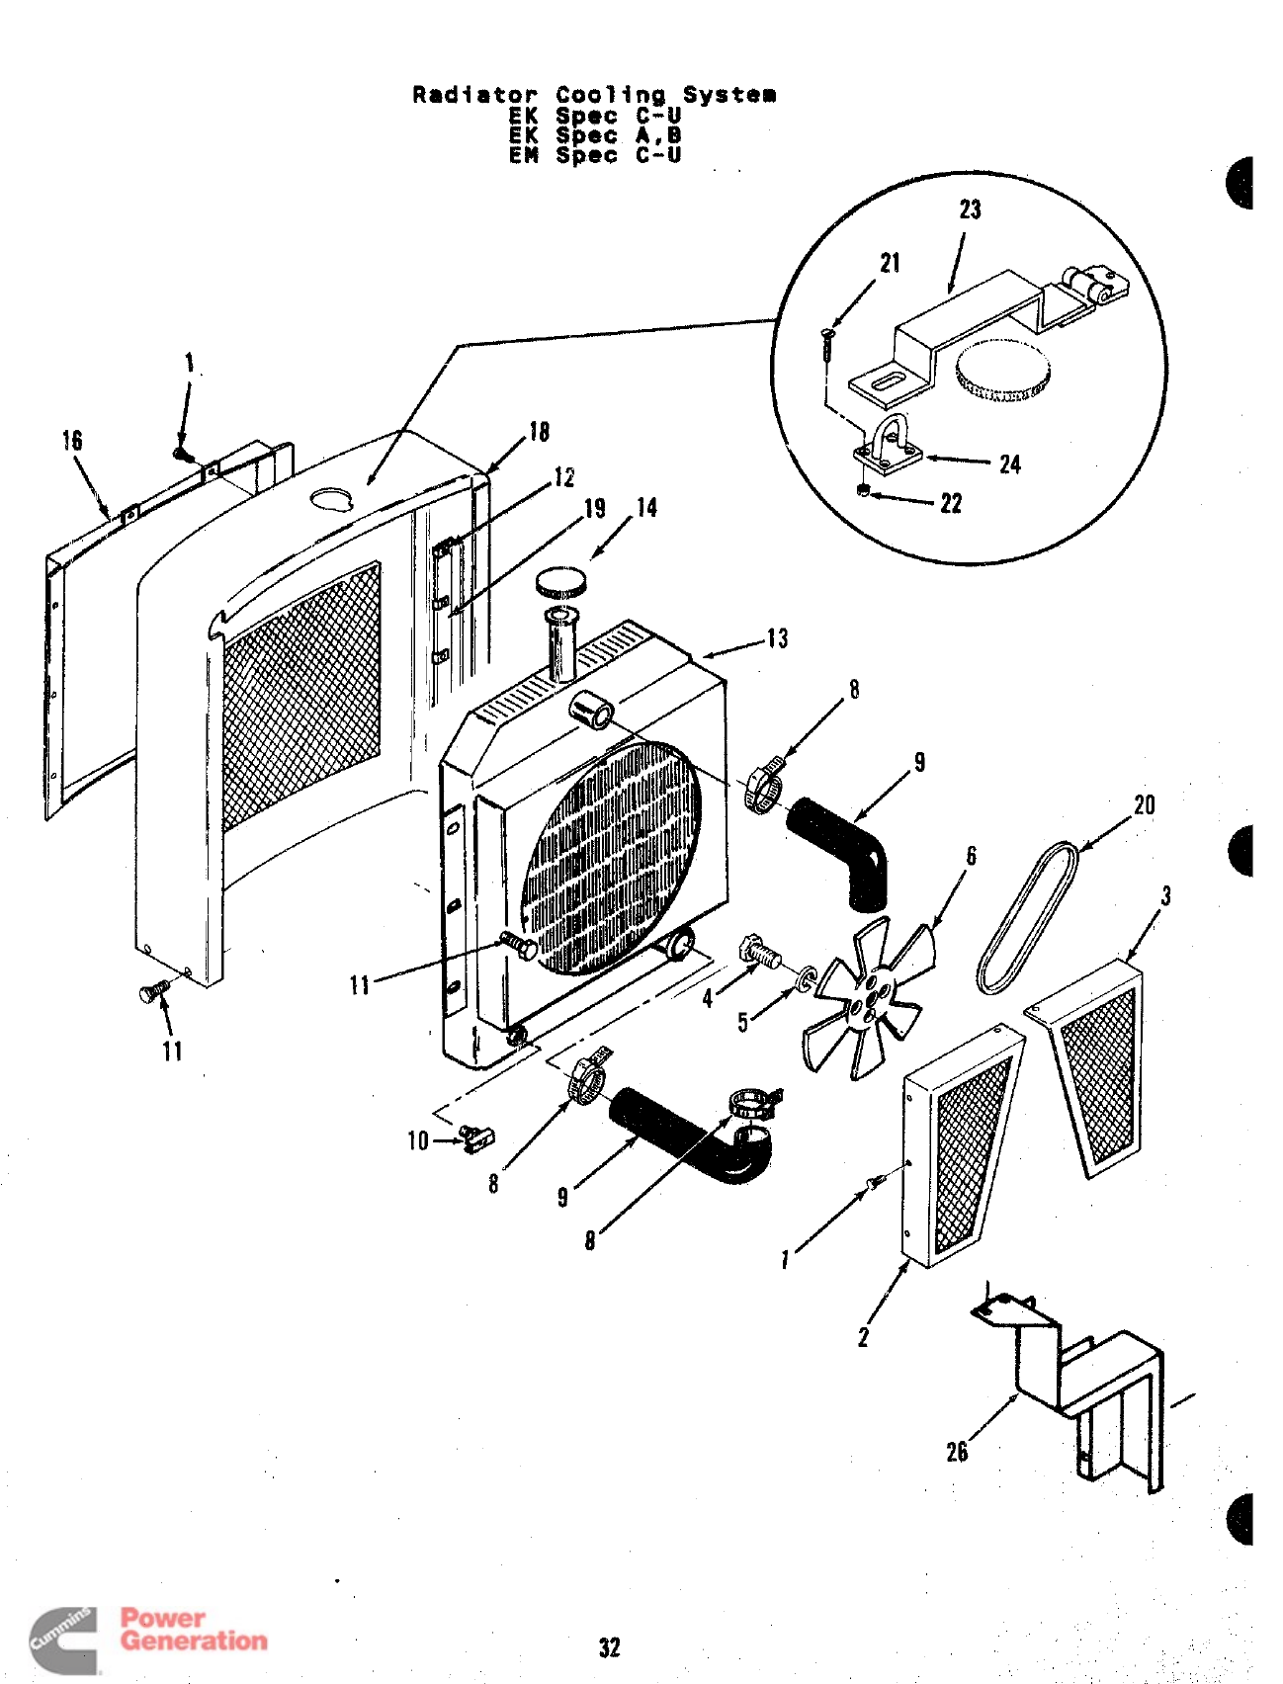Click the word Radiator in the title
point(474,95)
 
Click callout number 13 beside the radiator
point(778,638)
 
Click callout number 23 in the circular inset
point(970,210)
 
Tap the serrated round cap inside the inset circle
point(1001,370)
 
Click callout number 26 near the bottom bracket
point(957,1452)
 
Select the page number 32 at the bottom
point(610,1647)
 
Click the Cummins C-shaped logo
point(65,1640)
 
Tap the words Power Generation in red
point(194,1630)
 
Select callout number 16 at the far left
point(72,441)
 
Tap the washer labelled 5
point(807,981)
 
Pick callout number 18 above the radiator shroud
point(539,432)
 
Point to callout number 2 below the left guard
point(863,1337)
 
